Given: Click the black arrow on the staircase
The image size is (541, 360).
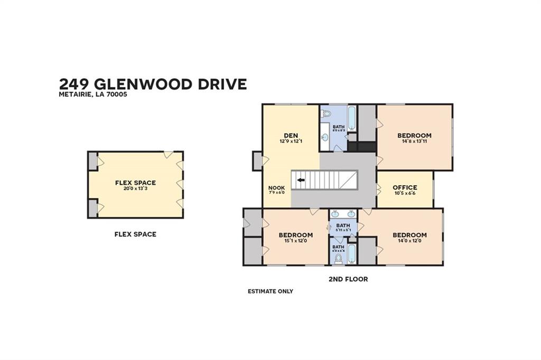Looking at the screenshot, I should pyautogui.click(x=301, y=180).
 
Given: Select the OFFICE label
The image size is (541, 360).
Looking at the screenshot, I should pyautogui.click(x=405, y=187).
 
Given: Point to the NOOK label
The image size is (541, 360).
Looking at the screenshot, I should pyautogui.click(x=276, y=187).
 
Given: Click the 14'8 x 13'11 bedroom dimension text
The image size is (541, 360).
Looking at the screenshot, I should pyautogui.click(x=414, y=141).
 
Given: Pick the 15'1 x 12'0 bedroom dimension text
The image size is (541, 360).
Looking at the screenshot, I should pyautogui.click(x=295, y=241).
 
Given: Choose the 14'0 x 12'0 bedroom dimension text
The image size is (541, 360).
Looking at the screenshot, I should pyautogui.click(x=409, y=241).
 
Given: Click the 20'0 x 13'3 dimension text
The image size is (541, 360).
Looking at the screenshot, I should pyautogui.click(x=135, y=188).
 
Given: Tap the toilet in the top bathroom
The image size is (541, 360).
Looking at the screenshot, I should pyautogui.click(x=326, y=113).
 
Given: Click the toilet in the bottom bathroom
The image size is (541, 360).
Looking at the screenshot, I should pyautogui.click(x=338, y=258).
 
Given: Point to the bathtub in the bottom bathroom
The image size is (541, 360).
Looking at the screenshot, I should pyautogui.click(x=351, y=253).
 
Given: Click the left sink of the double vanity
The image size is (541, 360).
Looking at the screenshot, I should pyautogui.click(x=337, y=214).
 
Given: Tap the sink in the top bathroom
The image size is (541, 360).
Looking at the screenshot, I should pyautogui.click(x=325, y=137).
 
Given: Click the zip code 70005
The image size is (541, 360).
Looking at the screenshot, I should pyautogui.click(x=118, y=95).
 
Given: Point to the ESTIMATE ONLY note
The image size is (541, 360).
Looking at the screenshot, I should pyautogui.click(x=270, y=291).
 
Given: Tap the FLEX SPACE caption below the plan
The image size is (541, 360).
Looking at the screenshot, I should pyautogui.click(x=135, y=234).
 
